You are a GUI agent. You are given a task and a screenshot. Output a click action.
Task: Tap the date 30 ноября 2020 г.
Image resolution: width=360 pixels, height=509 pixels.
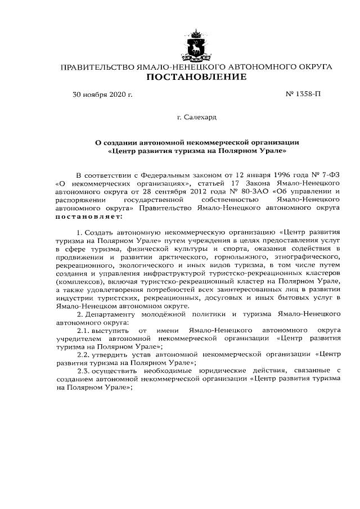coord(103,94)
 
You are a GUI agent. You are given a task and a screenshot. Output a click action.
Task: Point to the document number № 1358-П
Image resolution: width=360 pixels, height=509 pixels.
coord(304,94)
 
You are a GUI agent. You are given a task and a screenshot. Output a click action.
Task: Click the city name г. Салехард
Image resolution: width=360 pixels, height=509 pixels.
coord(196,118)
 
